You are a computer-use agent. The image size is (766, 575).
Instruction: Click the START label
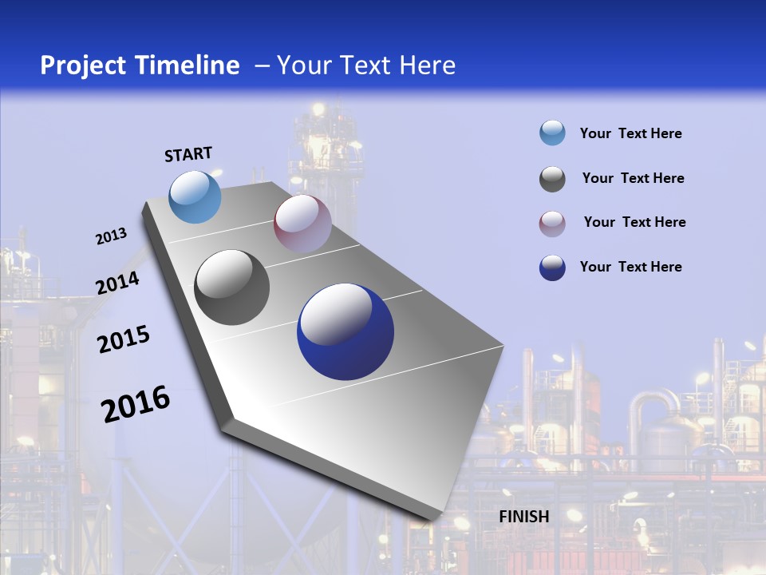[188, 153]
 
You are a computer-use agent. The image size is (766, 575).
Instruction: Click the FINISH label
[523, 517]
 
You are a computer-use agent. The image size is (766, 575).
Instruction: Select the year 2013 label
[111, 236]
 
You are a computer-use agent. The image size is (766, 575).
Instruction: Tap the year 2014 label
[118, 283]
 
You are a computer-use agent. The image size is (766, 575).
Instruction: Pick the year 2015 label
[124, 339]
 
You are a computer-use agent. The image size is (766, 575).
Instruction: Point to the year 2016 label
[136, 403]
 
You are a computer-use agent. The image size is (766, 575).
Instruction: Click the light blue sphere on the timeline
[195, 196]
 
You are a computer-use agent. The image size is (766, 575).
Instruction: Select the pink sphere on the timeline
[302, 224]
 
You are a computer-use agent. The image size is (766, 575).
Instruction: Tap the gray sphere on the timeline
[232, 287]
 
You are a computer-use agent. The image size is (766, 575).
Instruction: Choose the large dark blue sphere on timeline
[345, 331]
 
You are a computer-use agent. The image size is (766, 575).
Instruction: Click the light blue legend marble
[552, 133]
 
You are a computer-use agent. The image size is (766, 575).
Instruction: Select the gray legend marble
[552, 179]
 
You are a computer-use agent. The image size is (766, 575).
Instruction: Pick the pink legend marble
[552, 223]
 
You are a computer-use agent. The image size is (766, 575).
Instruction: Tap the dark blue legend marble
[552, 268]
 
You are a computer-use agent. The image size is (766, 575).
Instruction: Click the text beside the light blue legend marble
[630, 133]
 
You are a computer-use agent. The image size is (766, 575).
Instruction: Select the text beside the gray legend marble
[633, 178]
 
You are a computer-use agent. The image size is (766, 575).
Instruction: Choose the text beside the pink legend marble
[634, 222]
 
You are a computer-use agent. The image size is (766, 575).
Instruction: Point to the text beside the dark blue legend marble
[630, 267]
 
